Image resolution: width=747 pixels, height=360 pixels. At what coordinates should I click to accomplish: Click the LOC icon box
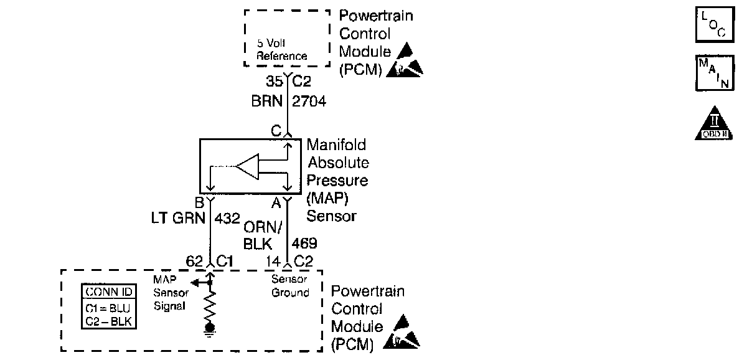point(712,26)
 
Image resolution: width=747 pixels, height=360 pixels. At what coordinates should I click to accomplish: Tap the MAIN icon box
point(712,73)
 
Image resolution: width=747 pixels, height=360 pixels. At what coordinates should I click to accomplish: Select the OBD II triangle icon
point(712,123)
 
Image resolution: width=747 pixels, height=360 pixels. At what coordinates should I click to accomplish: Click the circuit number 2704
point(309,102)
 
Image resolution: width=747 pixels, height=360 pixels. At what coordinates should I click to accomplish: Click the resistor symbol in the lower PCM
point(211,307)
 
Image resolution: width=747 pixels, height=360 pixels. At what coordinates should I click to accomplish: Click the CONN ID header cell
point(110,291)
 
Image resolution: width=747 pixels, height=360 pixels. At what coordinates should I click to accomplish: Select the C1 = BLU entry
point(110,308)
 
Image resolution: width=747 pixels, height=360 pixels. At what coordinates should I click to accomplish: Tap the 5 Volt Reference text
point(282,50)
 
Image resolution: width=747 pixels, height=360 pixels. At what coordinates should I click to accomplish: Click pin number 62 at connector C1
point(194,262)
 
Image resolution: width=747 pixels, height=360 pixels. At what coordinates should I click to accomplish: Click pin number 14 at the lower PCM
point(273,262)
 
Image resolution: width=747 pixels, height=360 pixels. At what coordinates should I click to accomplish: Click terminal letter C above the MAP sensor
point(275,131)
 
